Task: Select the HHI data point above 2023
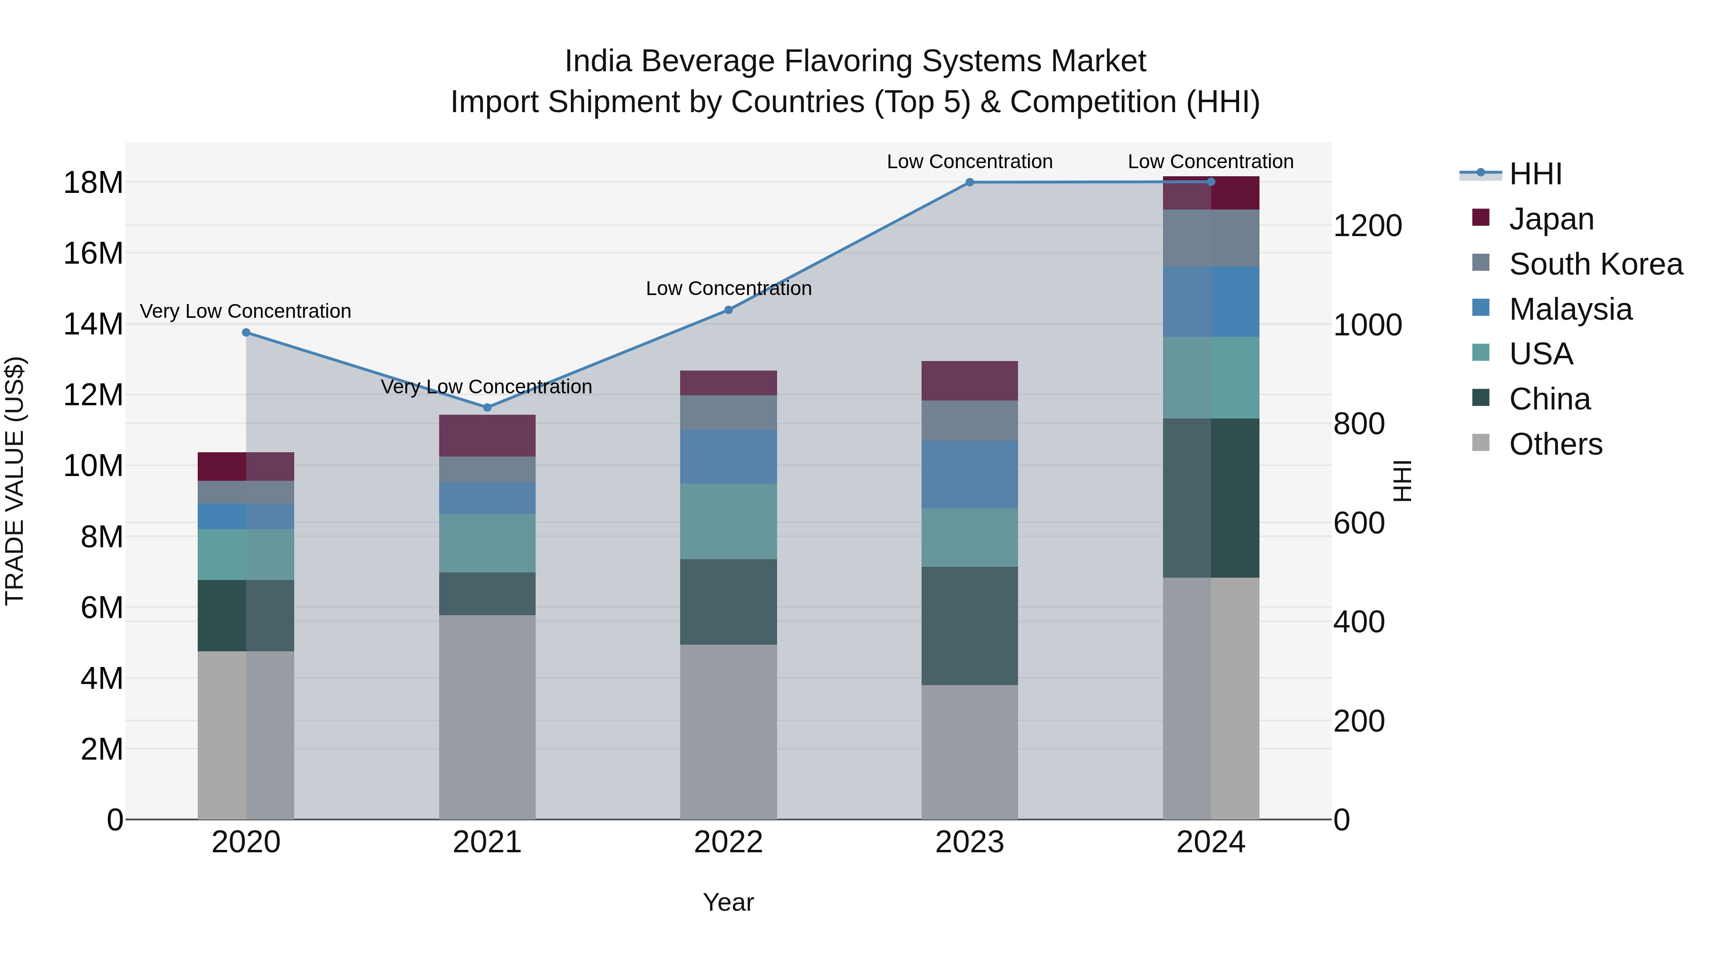970,182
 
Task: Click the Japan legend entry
1551,219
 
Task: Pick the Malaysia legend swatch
1480,308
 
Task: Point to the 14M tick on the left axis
93,324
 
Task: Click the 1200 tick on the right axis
1367,226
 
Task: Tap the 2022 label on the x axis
728,842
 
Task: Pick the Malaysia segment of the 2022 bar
728,457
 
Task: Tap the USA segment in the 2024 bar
1211,378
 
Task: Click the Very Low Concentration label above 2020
245,311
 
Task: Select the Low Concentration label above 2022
728,289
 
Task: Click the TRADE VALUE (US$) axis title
15,481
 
